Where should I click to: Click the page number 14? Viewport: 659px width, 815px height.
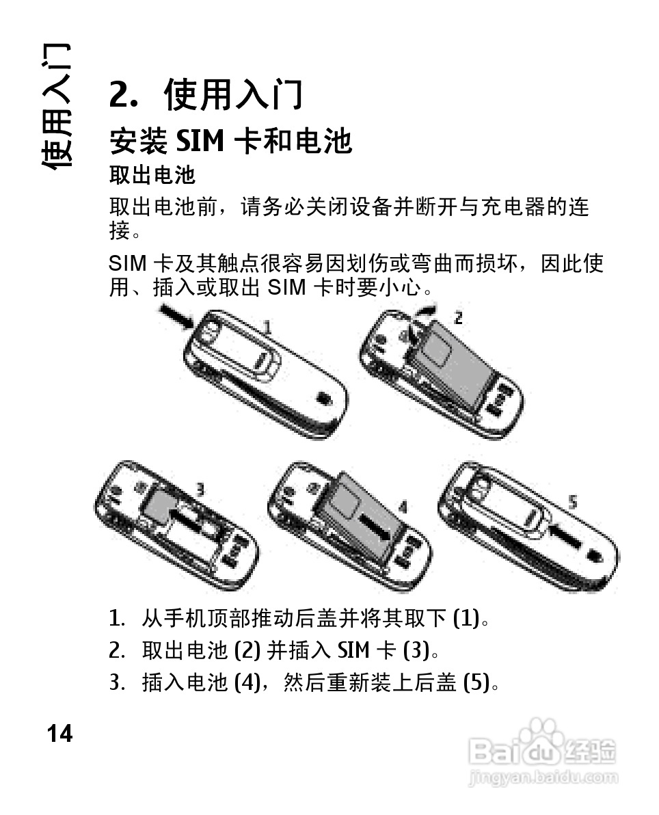pyautogui.click(x=59, y=734)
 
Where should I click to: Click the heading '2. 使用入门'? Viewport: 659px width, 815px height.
pyautogui.click(x=206, y=94)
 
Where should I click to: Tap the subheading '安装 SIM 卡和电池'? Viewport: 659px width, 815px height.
pyautogui.click(x=231, y=141)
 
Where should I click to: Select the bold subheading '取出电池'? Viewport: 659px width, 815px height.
pyautogui.click(x=152, y=175)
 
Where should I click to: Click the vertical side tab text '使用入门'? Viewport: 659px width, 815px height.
pyautogui.click(x=55, y=106)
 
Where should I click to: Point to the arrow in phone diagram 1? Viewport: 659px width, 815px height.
pyautogui.click(x=176, y=317)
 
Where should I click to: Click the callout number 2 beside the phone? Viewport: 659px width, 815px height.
pyautogui.click(x=458, y=317)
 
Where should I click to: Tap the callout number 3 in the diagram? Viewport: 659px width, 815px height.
pyautogui.click(x=200, y=490)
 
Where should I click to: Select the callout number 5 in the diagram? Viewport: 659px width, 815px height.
pyautogui.click(x=572, y=502)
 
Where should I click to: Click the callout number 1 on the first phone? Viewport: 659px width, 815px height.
pyautogui.click(x=267, y=328)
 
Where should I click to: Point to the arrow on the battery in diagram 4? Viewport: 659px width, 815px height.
pyautogui.click(x=374, y=525)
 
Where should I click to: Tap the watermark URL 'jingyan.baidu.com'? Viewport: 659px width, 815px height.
pyautogui.click(x=543, y=778)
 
